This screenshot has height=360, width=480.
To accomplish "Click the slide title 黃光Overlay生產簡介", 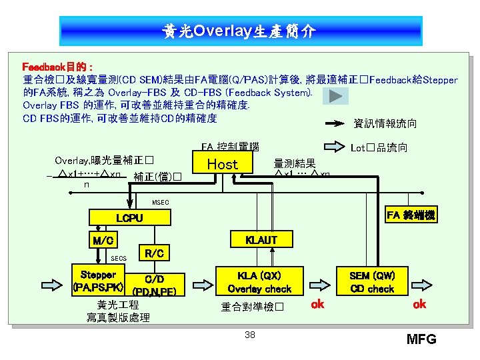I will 240,31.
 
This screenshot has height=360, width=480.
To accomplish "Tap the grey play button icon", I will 335,96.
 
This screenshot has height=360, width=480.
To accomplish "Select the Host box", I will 222,164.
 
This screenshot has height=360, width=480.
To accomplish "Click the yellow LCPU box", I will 129,218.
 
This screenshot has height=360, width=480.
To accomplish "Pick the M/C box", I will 103,240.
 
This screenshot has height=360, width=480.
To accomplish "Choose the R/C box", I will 154,253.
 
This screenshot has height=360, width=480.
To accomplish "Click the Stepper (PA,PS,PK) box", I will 98,281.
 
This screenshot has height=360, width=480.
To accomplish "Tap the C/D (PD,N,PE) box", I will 154,284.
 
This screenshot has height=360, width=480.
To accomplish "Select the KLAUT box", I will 261,240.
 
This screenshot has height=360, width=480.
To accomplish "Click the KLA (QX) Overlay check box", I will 259,282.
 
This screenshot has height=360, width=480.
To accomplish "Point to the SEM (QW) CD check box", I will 372,282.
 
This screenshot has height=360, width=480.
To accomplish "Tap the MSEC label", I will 161,202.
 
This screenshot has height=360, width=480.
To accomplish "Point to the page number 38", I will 249,335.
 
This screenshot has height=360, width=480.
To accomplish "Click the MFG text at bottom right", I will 421,339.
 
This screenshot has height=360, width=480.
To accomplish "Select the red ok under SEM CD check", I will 419,305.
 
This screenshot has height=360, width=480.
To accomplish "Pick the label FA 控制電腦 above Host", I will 229,146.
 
